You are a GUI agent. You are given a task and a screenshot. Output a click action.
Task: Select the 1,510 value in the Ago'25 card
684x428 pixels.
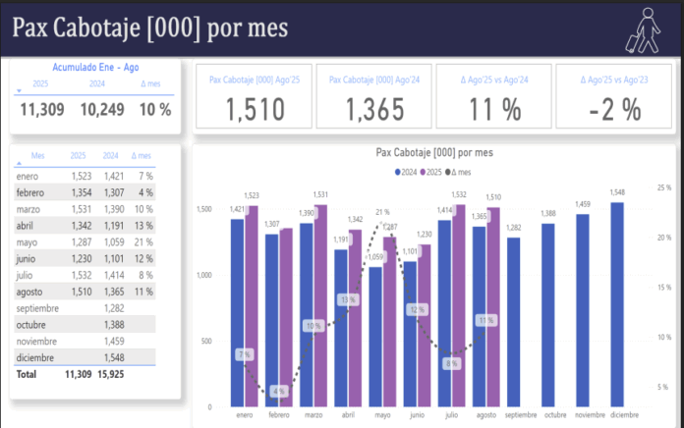[x=254, y=111]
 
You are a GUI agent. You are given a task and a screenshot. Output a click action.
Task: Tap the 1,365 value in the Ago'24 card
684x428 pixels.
[x=373, y=111]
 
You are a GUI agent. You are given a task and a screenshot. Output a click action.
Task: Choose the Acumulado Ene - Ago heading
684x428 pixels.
[x=95, y=69]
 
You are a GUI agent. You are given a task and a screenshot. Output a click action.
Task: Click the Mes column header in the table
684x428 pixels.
[x=38, y=155]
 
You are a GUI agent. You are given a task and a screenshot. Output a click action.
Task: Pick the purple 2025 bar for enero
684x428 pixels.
[x=252, y=305]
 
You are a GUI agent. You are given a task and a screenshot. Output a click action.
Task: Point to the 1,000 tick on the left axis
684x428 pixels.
[x=203, y=275]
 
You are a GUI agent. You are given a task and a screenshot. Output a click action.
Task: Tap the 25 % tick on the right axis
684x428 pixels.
[x=664, y=187]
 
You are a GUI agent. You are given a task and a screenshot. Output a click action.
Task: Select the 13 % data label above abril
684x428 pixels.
[x=348, y=299]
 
